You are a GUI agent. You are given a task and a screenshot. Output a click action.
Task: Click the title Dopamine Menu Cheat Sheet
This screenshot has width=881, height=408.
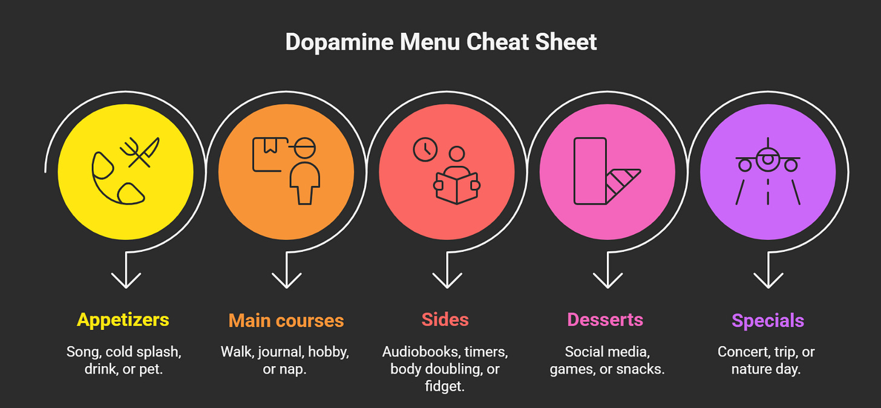pyautogui.click(x=440, y=42)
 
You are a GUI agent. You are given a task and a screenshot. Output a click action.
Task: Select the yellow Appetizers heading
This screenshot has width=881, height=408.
pyautogui.click(x=123, y=320)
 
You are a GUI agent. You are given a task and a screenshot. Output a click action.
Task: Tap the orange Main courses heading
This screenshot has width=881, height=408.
pyautogui.click(x=286, y=320)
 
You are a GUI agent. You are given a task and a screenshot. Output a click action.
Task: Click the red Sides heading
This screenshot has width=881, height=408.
pyautogui.click(x=445, y=320)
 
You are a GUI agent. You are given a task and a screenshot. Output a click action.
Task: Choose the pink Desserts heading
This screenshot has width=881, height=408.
pyautogui.click(x=605, y=320)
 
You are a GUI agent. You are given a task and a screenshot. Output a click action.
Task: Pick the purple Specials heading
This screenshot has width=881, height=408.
pyautogui.click(x=768, y=320)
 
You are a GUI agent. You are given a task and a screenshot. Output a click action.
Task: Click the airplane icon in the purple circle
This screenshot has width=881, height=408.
pyautogui.click(x=768, y=159)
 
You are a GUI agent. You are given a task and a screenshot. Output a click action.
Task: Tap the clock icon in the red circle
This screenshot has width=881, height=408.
pyautogui.click(x=425, y=150)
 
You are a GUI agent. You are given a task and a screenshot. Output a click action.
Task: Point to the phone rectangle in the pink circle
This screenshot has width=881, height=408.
pyautogui.click(x=589, y=171)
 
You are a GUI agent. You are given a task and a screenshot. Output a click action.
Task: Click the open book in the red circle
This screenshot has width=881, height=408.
pyautogui.click(x=457, y=188)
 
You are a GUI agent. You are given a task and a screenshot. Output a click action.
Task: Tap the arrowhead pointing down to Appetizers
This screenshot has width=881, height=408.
pyautogui.click(x=126, y=280)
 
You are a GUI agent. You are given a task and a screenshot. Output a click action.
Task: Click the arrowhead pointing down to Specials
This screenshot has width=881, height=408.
pyautogui.click(x=768, y=280)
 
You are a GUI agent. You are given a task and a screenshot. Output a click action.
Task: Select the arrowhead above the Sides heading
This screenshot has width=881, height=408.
pyautogui.click(x=447, y=280)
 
